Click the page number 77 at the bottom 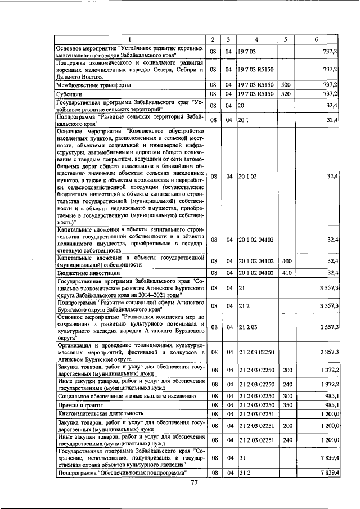(195, 483)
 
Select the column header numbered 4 (256, 39)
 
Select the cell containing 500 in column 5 (285, 84)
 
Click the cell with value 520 (285, 93)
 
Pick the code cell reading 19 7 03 (247, 51)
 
